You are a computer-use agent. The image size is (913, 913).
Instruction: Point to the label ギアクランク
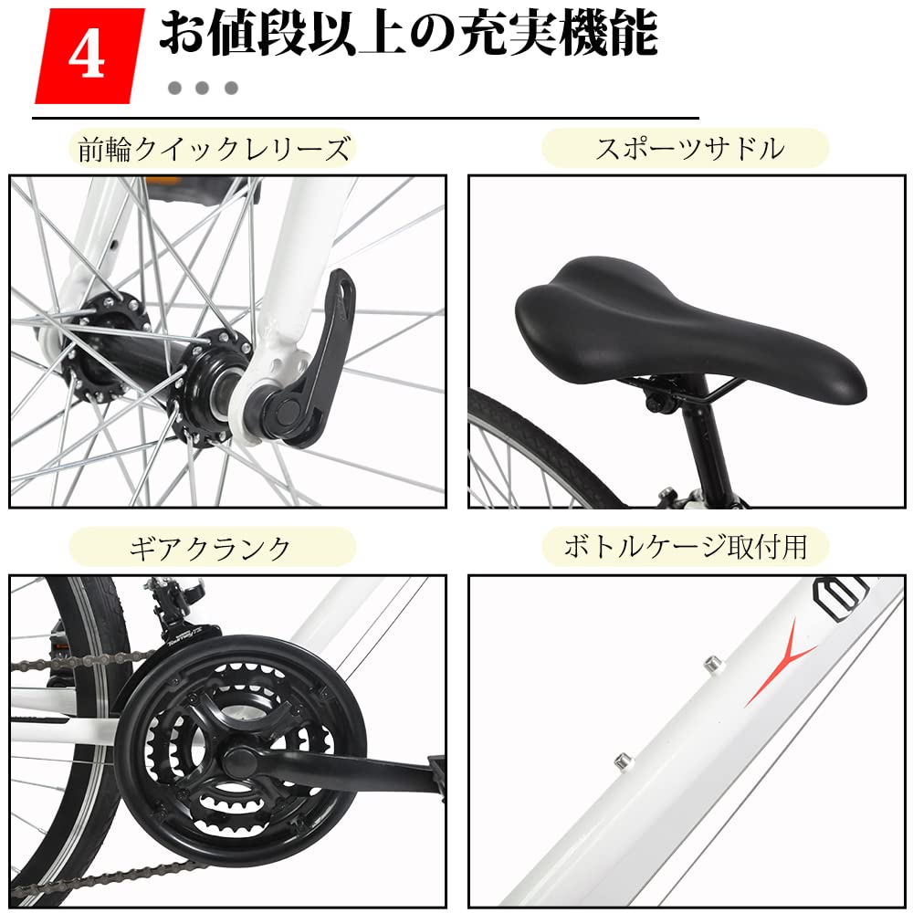point(211,548)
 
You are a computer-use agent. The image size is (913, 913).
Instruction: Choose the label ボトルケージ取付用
point(685,547)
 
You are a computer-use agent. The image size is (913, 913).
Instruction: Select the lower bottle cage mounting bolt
point(622,759)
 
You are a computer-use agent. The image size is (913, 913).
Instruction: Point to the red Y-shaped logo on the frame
point(781,658)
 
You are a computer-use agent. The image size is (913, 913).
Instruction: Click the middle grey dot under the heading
point(203,89)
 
